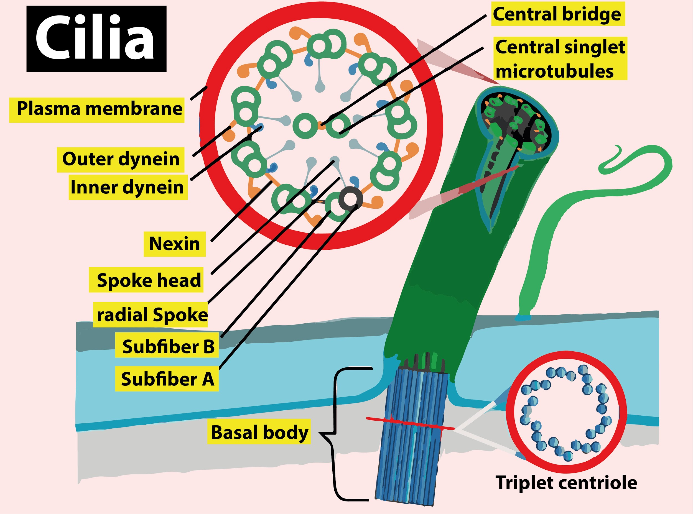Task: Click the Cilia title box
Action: click(x=96, y=39)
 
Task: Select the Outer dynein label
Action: click(x=121, y=160)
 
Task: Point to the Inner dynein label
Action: click(x=128, y=188)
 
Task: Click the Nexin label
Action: click(x=174, y=244)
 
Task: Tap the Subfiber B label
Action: click(x=167, y=347)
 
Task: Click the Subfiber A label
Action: click(x=167, y=379)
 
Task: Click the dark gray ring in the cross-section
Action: click(x=351, y=198)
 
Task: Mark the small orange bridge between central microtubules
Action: click(x=322, y=126)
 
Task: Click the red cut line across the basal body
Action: click(x=411, y=424)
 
